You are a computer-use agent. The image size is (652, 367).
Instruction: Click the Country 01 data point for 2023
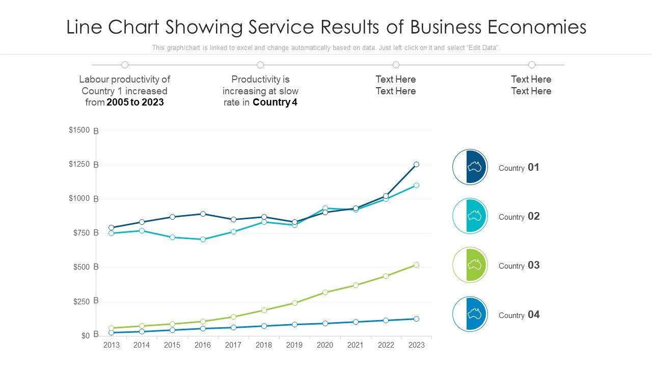[x=416, y=165]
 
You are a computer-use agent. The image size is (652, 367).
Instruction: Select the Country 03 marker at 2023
[x=416, y=265]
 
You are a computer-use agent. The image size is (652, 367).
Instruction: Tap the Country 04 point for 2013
[x=111, y=333]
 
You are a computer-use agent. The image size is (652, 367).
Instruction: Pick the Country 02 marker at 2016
[x=203, y=240]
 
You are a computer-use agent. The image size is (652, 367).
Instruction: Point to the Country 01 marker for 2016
[x=203, y=214]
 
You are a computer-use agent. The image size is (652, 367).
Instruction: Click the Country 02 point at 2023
[x=416, y=186]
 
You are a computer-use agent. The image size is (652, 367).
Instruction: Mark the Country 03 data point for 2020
[x=325, y=293]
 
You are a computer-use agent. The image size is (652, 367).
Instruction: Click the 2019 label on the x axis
[x=294, y=345]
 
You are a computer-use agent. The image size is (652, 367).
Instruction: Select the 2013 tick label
[x=111, y=345]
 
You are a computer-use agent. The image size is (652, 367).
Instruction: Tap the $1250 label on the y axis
[x=79, y=164]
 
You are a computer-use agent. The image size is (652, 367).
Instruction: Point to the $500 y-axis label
[x=79, y=267]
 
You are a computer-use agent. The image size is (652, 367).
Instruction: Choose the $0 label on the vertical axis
[x=85, y=335]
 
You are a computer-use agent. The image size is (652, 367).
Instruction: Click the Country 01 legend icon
[x=470, y=167]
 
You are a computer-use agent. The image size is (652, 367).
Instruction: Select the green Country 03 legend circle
[x=470, y=265]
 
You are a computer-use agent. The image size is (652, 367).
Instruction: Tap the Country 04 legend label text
[x=519, y=314]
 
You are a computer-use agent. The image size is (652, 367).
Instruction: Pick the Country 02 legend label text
[x=519, y=217]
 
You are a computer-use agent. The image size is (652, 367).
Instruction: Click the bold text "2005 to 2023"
[x=135, y=102]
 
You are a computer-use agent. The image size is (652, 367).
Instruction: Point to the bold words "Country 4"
[x=275, y=102]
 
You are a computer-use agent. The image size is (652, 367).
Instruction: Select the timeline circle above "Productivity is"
[x=260, y=65]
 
